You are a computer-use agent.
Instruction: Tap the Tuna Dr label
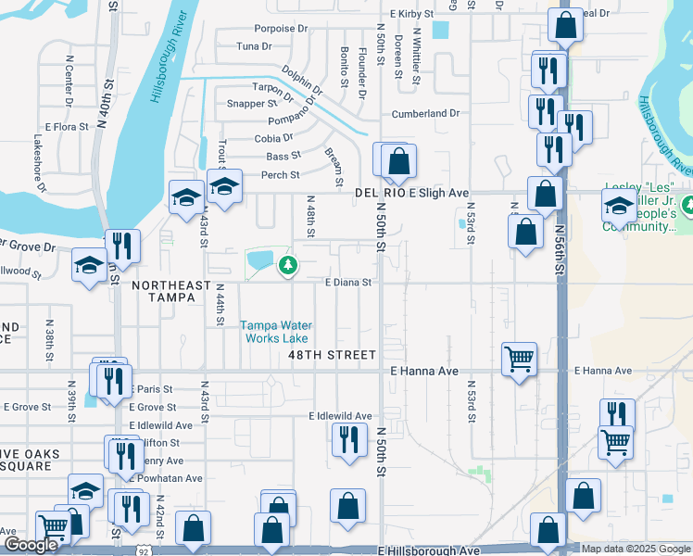point(254,45)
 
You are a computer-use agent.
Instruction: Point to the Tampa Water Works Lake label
point(277,332)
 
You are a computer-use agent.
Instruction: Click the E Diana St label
point(347,283)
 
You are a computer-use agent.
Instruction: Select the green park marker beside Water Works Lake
point(289,267)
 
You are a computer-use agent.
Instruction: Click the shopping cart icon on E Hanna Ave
point(519,358)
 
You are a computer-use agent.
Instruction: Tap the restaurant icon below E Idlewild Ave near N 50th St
point(348,438)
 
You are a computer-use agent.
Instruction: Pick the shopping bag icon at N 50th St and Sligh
point(397,161)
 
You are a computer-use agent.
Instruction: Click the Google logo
point(30,545)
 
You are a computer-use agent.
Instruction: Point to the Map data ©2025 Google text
point(635,549)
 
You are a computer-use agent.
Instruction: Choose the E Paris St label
point(154,389)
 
